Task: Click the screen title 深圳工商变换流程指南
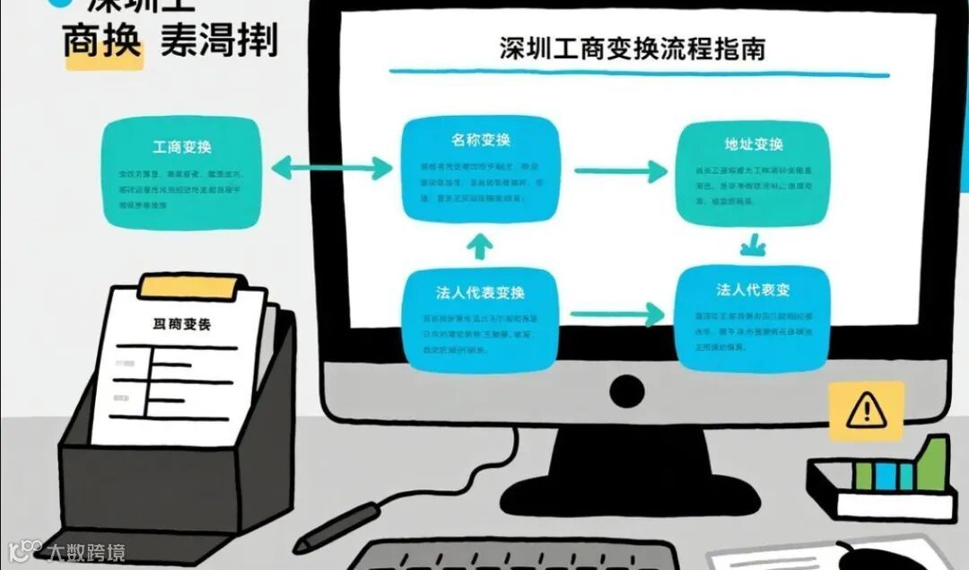tap(632, 48)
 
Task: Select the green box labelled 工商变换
tap(182, 174)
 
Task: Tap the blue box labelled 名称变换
tap(481, 168)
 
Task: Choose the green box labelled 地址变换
tap(754, 173)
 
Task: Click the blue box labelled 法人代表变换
tap(481, 320)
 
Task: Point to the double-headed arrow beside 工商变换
tap(331, 167)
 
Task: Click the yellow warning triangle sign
tap(866, 411)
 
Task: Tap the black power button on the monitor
tap(626, 390)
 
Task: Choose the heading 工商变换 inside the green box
tap(182, 146)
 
